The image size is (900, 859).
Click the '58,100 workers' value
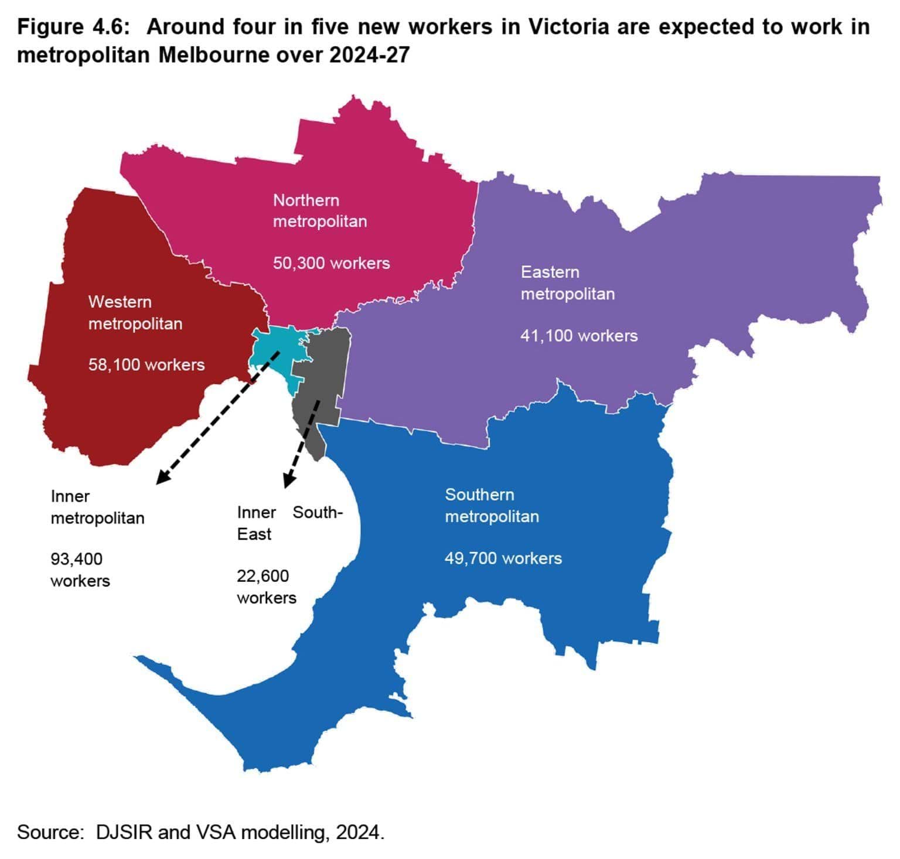click(146, 364)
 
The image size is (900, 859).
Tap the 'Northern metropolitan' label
click(319, 211)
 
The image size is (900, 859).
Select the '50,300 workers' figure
click(331, 263)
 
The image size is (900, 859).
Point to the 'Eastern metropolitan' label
click(567, 282)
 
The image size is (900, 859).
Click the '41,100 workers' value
click(579, 336)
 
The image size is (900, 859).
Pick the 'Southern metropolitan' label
click(492, 505)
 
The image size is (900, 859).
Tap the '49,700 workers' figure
click(503, 558)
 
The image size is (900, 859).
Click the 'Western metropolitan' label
click(135, 312)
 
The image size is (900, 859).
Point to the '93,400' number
click(76, 559)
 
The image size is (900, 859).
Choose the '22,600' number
click(262, 576)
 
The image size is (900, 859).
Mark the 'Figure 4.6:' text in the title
click(73, 27)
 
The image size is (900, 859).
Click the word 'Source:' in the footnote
click(51, 832)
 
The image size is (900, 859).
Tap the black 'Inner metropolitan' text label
click(97, 507)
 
